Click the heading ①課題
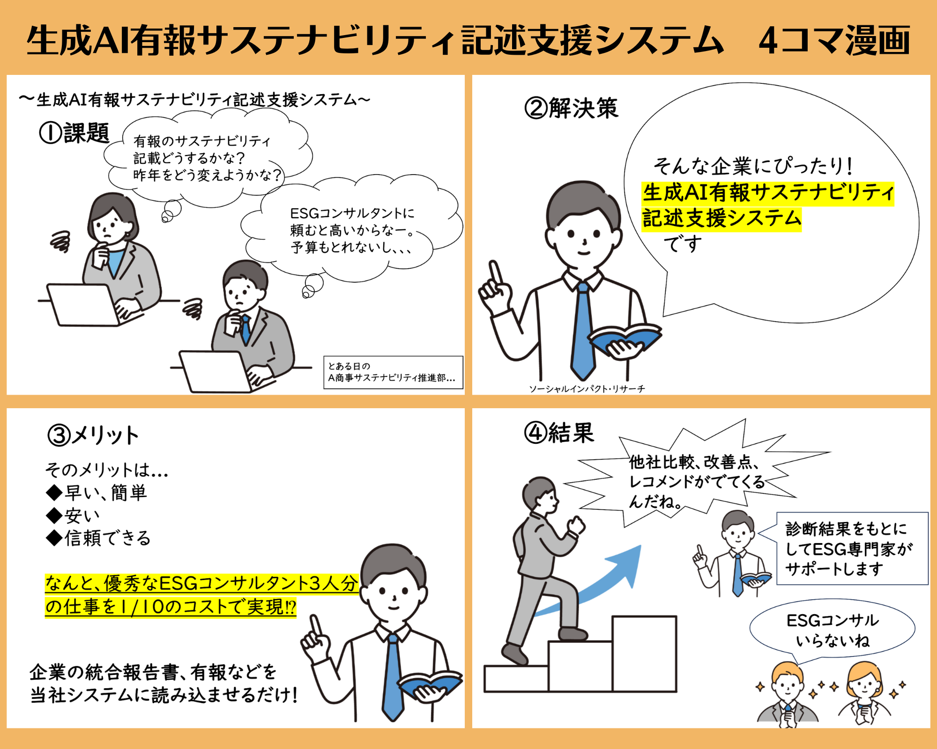click(74, 133)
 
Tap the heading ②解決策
click(572, 108)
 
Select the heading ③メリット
click(93, 435)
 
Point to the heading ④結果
click(559, 433)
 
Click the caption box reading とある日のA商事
click(393, 373)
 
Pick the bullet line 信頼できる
click(98, 538)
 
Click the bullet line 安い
click(73, 515)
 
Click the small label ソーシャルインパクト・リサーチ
click(587, 389)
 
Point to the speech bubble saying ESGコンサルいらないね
click(833, 630)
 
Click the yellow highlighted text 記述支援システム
click(721, 219)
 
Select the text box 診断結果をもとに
click(852, 549)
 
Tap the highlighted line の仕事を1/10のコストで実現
click(171, 607)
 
